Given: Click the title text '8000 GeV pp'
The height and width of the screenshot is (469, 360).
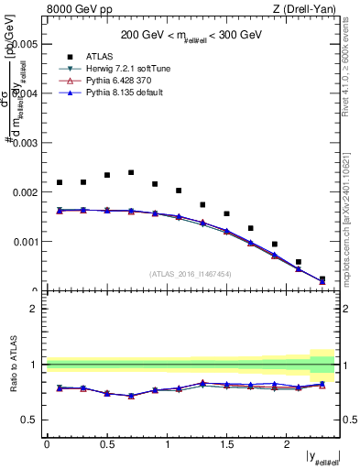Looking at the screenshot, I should (75, 10).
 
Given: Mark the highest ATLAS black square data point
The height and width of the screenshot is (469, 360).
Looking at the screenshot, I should (131, 172).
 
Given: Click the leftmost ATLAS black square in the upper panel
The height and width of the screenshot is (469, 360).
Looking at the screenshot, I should (60, 182).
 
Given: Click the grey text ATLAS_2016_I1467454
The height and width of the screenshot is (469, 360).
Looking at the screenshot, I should (191, 273).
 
